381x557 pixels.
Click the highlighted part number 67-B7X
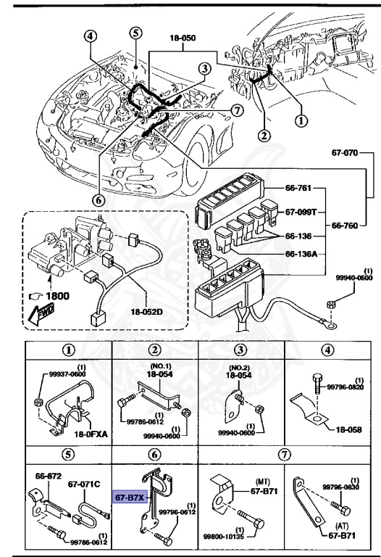point(129,498)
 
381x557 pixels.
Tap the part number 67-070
point(351,154)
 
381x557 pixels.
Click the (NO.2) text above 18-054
point(239,366)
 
